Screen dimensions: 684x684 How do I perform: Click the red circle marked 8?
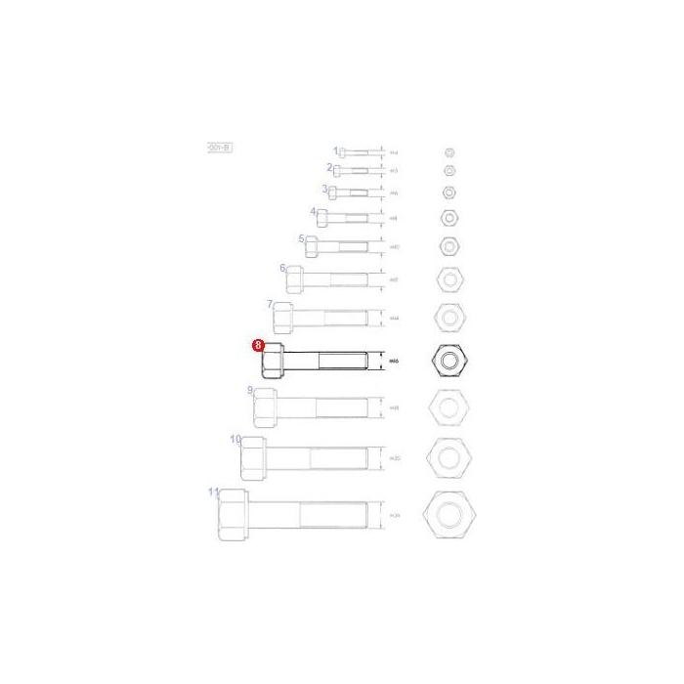pyautogui.click(x=258, y=345)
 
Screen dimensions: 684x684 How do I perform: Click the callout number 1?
pyautogui.click(x=335, y=150)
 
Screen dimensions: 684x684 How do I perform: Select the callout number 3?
pyautogui.click(x=324, y=189)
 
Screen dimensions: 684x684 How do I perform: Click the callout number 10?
pyautogui.click(x=235, y=440)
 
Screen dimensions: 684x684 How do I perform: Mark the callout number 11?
pyautogui.click(x=214, y=492)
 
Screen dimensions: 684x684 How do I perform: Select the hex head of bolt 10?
pyautogui.click(x=252, y=458)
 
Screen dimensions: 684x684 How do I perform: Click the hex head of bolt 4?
pyautogui.click(x=321, y=218)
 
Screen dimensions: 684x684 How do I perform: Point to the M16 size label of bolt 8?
pyautogui.click(x=395, y=363)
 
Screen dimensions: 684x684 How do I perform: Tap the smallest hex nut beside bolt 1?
pyautogui.click(x=449, y=152)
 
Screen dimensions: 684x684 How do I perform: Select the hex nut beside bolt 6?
pyautogui.click(x=448, y=280)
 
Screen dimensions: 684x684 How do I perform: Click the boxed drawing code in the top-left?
pyautogui.click(x=219, y=147)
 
